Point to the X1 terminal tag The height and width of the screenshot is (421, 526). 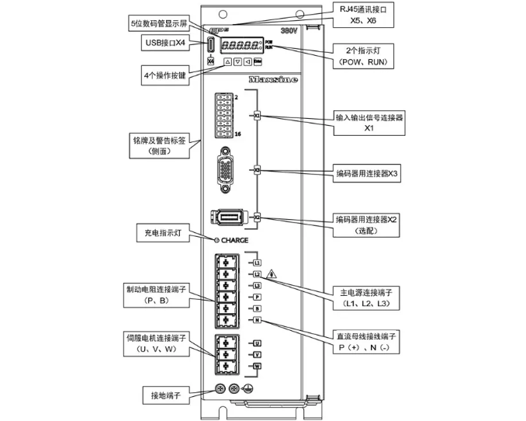point(258,116)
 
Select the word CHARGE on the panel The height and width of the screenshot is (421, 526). point(234,240)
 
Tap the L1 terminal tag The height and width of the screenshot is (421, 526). point(258,263)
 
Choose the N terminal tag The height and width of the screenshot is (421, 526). point(258,320)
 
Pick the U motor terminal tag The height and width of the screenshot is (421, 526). point(258,343)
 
